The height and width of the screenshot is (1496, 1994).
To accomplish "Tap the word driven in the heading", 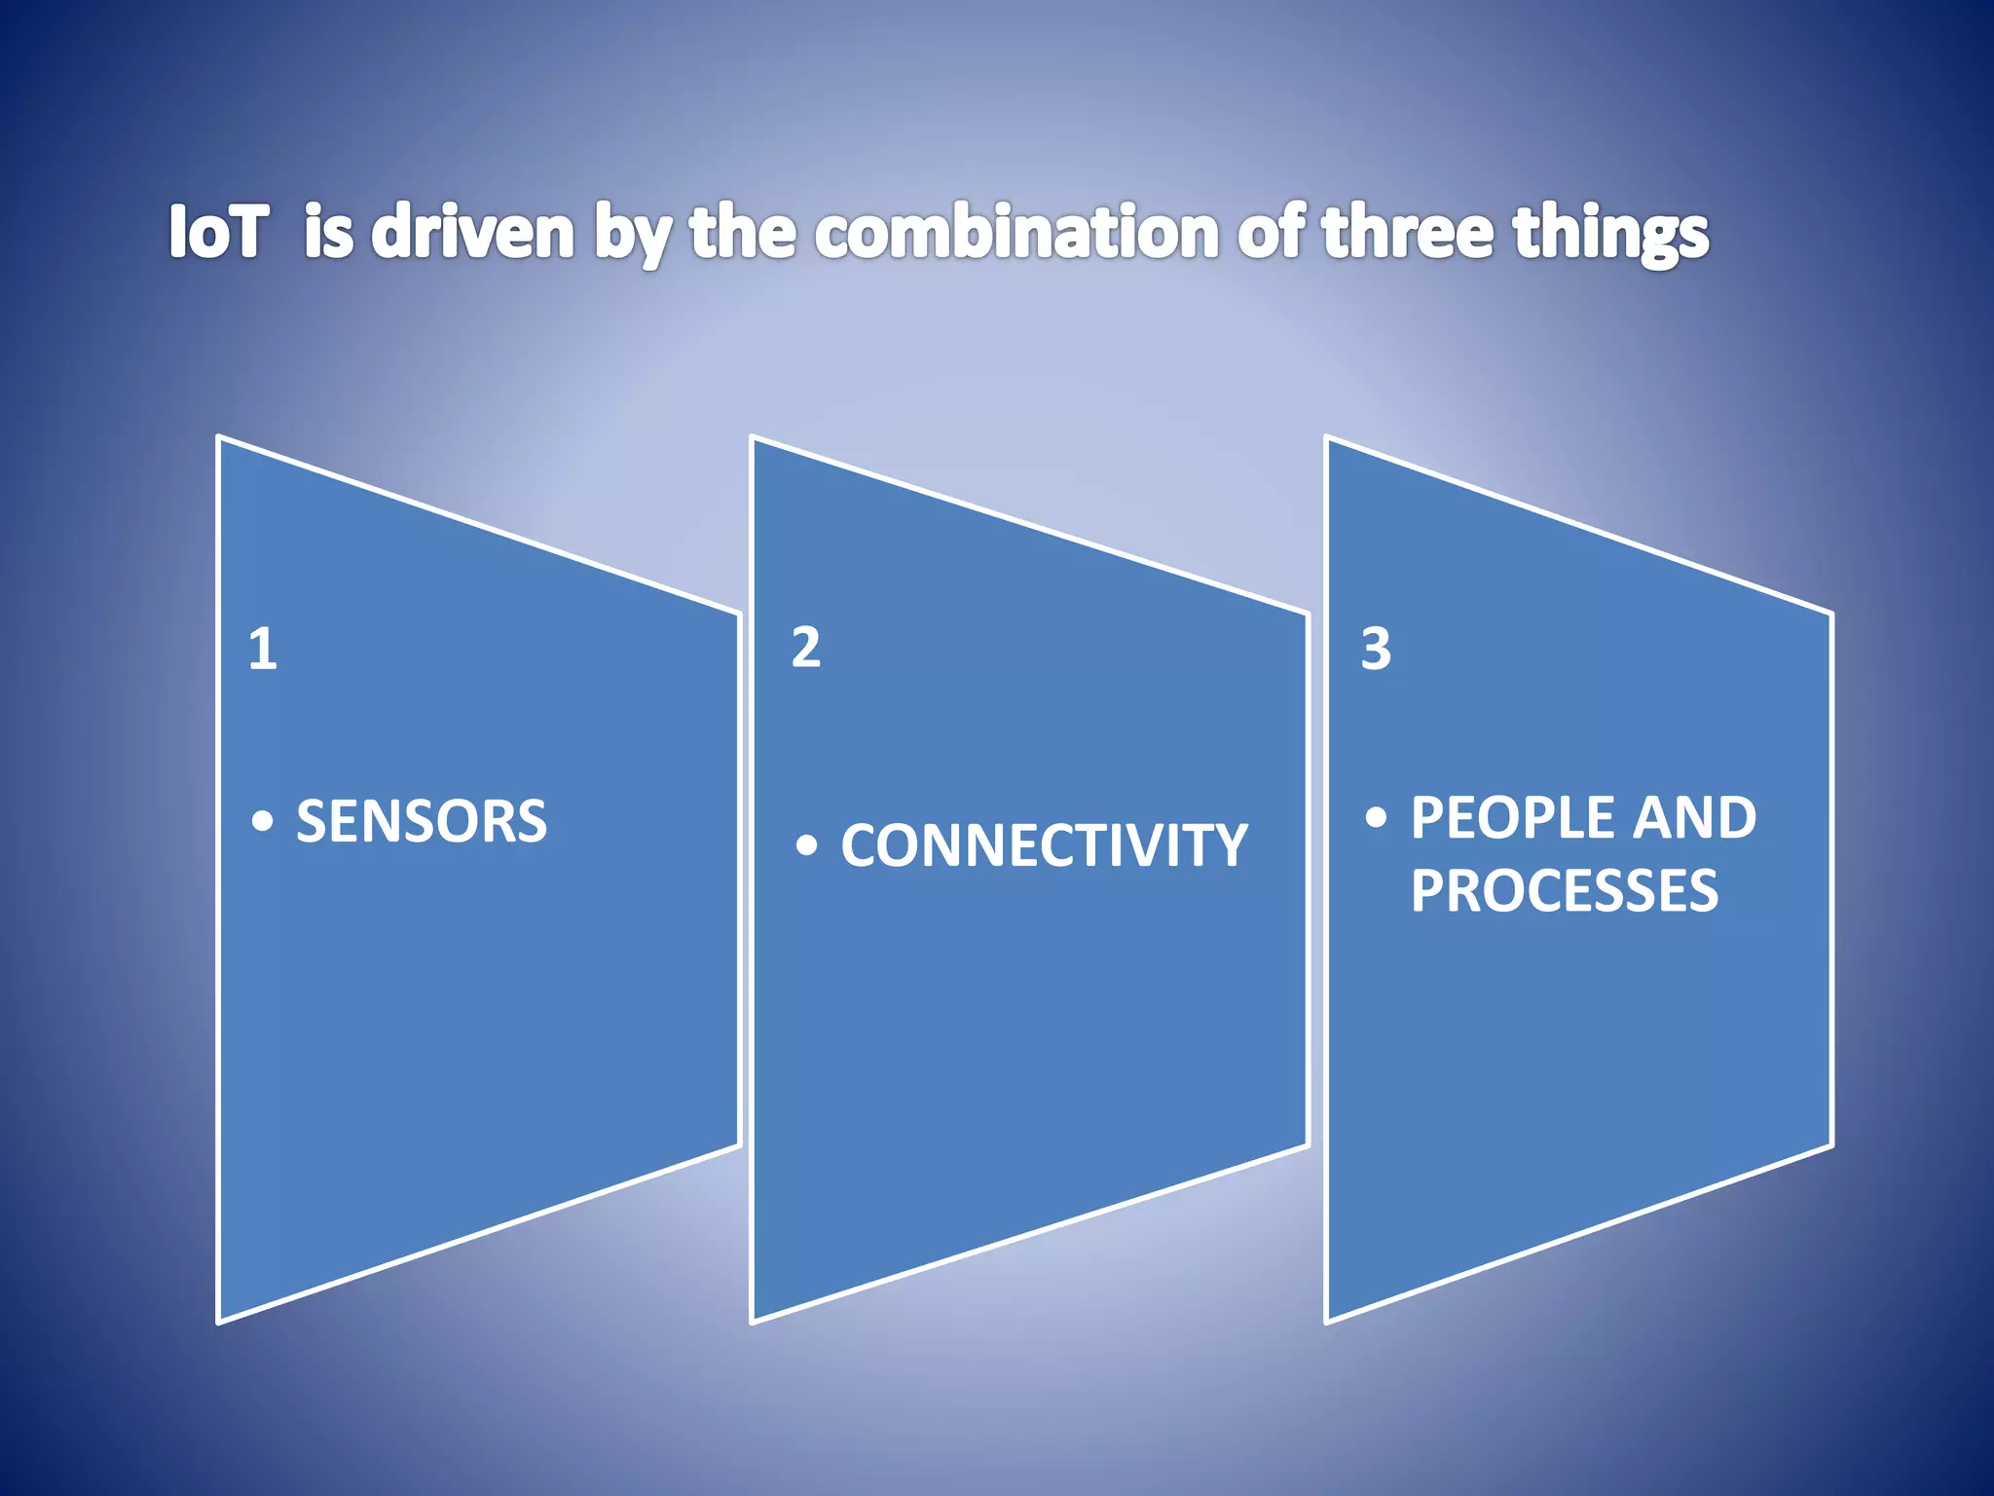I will pos(473,232).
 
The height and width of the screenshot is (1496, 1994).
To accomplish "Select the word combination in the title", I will pos(1016,232).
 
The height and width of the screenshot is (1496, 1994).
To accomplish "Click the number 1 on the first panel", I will pos(263,650).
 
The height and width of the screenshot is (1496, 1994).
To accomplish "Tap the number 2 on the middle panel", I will pos(805,648).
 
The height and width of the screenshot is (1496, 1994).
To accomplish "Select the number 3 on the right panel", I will pos(1376,650).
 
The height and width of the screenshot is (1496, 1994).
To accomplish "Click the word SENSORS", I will pos(422,821).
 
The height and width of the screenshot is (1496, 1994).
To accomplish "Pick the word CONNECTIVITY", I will pos(1044,845).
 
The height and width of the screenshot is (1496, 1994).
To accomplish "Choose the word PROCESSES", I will pos(1565,890).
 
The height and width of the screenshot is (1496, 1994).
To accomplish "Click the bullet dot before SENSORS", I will pos(262,822).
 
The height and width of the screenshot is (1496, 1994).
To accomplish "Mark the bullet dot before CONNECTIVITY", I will pos(806,845).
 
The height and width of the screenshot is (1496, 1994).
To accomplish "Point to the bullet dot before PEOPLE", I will pos(1376,817).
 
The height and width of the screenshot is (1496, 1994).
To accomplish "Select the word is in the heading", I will pos(328,232).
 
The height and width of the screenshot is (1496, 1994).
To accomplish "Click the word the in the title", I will pos(743,232).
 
